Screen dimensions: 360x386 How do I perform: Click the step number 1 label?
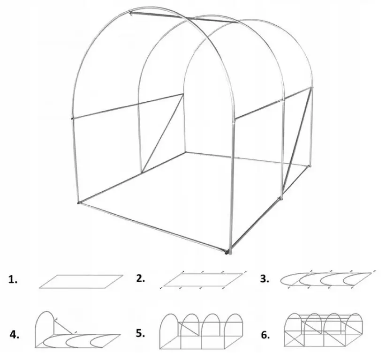point(14,280)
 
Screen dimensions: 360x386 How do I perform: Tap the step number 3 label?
point(265,279)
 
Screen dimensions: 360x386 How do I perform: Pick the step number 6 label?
point(265,335)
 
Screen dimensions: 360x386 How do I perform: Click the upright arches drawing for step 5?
point(202,331)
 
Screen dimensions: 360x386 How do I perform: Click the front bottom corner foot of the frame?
point(228,253)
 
